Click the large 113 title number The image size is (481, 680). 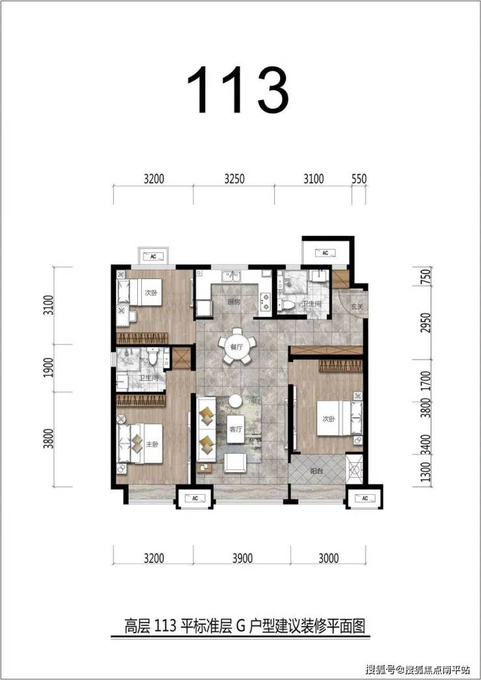pos(238,90)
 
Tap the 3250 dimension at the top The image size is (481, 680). pos(234,179)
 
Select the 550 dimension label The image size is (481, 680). pos(359,179)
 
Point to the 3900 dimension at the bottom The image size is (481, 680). pos(242,558)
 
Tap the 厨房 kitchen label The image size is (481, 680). pos(234,302)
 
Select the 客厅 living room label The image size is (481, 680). pos(235,429)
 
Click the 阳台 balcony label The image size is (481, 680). pos(317,471)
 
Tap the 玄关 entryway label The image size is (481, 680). pos(356,306)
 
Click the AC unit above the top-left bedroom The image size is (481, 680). pos(153,256)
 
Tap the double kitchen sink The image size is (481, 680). pos(231,276)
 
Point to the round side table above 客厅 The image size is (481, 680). pos(235,400)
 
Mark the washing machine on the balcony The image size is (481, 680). pos(355,469)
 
